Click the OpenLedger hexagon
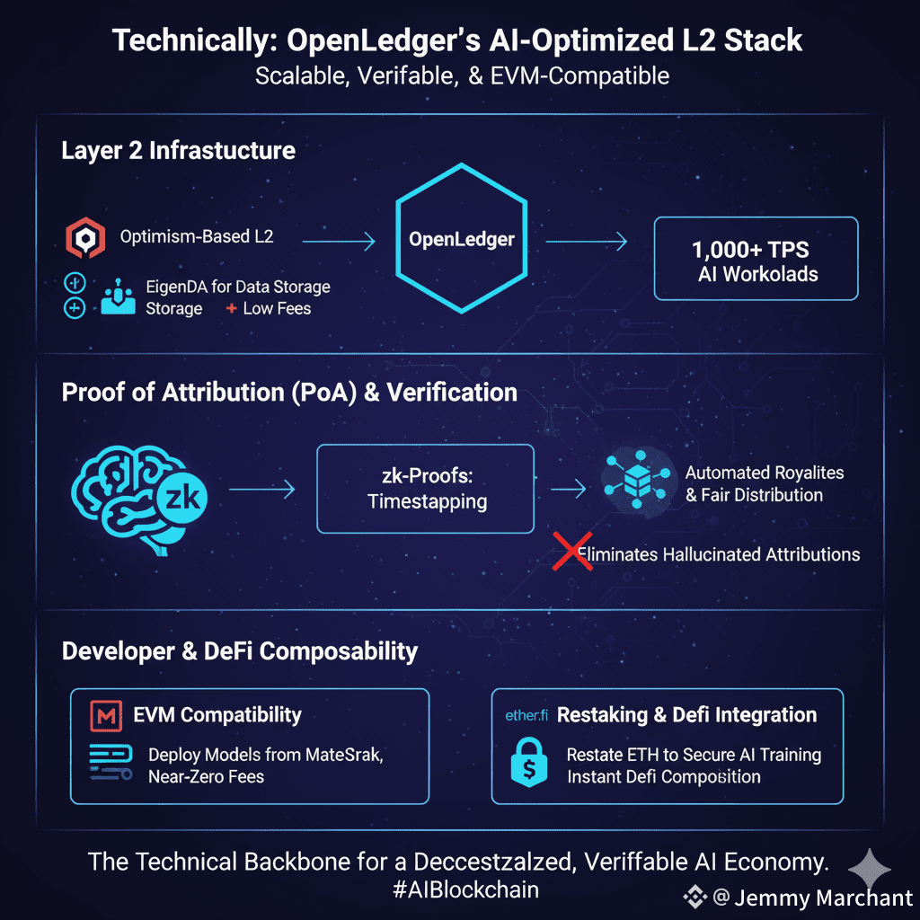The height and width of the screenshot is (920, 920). pos(462,239)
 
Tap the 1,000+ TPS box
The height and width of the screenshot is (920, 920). pos(756,258)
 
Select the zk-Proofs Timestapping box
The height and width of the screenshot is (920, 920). pos(425,489)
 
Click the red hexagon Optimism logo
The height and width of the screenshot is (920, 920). pos(85,238)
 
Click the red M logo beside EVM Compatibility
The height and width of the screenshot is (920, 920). pos(107,716)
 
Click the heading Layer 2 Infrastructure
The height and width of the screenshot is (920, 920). pos(178,150)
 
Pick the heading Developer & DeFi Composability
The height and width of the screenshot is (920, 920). pos(240,651)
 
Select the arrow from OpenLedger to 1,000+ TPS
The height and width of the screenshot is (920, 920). pos(586,240)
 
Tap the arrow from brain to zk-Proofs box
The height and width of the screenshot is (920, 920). pos(261,490)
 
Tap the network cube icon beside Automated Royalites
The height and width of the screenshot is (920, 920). pos(639,482)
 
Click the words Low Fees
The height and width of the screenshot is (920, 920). pos(277,308)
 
